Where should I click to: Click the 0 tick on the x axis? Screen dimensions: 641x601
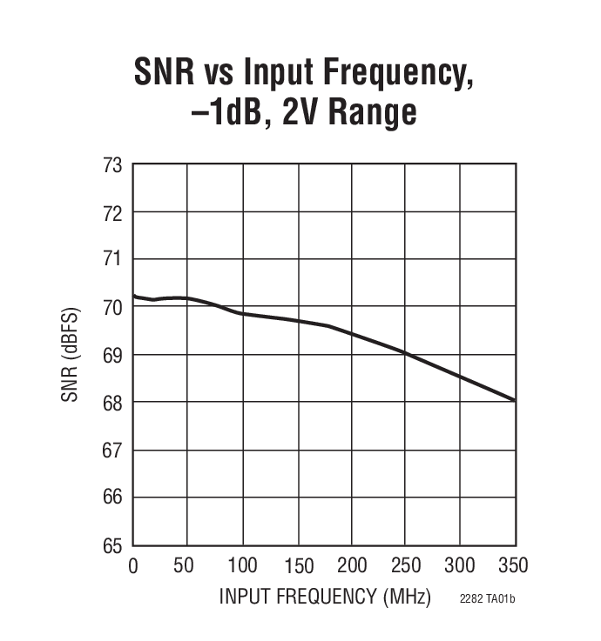click(133, 566)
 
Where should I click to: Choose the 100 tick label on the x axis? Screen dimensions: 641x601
click(242, 566)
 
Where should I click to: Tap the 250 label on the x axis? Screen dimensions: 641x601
click(405, 566)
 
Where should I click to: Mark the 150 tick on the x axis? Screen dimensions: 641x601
click(297, 566)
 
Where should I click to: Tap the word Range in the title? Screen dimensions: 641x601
click(368, 112)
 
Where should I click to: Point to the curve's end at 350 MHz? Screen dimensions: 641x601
click(515, 400)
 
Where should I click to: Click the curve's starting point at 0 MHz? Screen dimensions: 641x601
click(133, 296)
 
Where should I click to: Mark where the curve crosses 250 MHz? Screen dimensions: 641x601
click(406, 352)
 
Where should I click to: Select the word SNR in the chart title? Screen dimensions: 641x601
click(166, 72)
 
